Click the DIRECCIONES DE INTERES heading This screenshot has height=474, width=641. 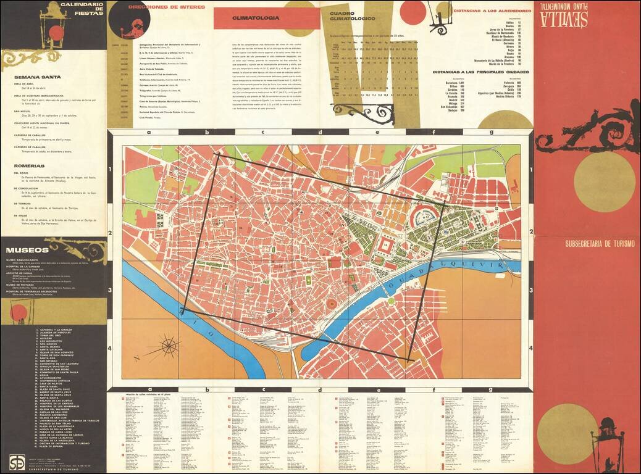coord(167,7)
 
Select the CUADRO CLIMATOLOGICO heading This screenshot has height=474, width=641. coord(351,16)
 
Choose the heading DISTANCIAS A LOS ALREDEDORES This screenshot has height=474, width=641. coord(492,11)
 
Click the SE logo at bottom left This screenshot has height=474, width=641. coord(17,462)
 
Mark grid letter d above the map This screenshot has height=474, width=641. coord(319,132)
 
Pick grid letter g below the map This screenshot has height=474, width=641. coord(492,389)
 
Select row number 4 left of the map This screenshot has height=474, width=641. coord(110,349)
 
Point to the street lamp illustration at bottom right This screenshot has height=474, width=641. coord(607,441)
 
